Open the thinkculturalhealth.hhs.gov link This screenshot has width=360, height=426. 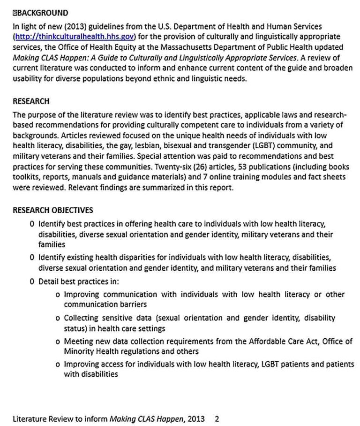75,36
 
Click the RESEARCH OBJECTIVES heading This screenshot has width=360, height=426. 52,210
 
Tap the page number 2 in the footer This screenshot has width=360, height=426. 217,419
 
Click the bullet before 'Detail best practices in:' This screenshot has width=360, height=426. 31,282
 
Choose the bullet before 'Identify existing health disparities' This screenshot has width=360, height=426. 31,257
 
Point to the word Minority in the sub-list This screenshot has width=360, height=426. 78,351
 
